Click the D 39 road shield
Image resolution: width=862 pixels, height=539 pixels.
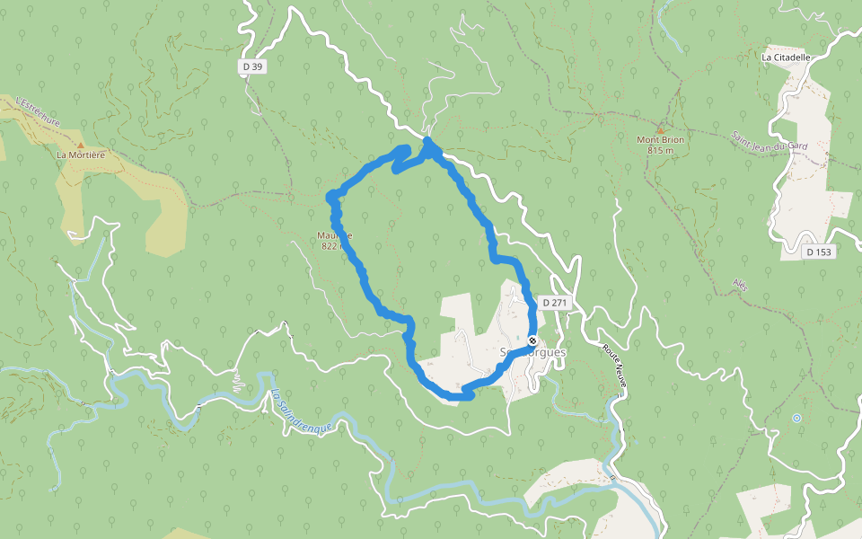tap(252, 66)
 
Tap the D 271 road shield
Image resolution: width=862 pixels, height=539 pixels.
tap(556, 303)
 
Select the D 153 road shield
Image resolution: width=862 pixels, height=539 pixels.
tap(819, 252)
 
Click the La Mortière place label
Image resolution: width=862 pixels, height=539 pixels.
tap(81, 155)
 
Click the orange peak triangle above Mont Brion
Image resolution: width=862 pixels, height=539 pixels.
tap(660, 129)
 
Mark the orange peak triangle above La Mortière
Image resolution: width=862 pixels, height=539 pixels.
tap(80, 144)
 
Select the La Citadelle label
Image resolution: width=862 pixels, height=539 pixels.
tap(786, 57)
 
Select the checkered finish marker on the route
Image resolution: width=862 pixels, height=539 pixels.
tap(532, 341)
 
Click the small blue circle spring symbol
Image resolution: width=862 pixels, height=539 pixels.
tap(796, 418)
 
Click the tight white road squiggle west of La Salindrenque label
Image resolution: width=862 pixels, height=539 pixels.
tap(237, 384)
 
